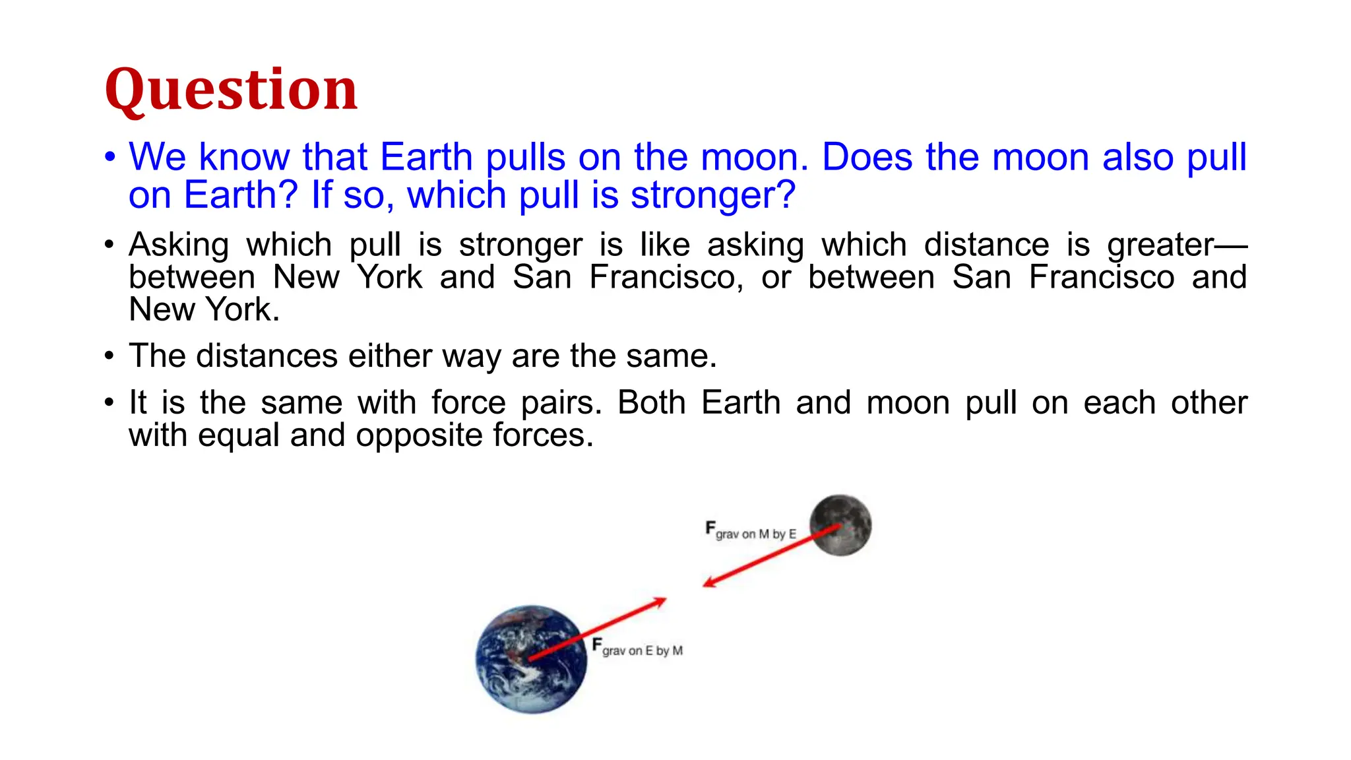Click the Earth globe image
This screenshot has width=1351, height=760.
tap(531, 658)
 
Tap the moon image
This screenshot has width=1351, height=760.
tap(840, 525)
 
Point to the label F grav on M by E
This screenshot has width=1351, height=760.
tap(751, 531)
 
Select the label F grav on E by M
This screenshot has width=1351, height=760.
tap(637, 648)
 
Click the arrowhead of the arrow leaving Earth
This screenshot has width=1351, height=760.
tap(660, 601)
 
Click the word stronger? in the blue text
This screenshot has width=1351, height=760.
tap(713, 195)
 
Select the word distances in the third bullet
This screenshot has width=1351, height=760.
tap(267, 356)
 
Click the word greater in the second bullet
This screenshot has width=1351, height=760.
tap(1160, 245)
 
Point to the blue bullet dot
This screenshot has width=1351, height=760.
tap(110, 158)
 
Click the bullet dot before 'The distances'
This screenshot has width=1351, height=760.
tap(110, 357)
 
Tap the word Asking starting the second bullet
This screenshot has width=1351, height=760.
tap(179, 245)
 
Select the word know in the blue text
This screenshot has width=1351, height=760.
tap(244, 157)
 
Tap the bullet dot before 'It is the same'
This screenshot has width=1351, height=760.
tap(110, 403)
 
